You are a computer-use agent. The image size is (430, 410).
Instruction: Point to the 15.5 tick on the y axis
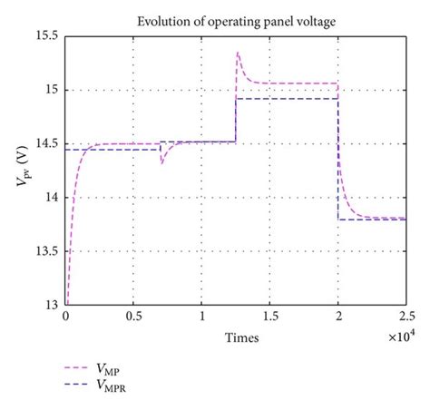(45, 37)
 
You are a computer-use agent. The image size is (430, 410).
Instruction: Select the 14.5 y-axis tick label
(45, 144)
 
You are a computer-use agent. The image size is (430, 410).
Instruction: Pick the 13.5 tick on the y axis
(45, 252)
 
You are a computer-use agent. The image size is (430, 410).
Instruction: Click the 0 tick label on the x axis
(65, 318)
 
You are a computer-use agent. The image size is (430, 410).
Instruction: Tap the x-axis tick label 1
(201, 318)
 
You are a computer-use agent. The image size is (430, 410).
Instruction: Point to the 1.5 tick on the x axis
(269, 318)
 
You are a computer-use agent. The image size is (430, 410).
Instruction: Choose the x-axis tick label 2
(337, 318)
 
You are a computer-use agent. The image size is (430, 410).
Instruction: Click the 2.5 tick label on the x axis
(405, 318)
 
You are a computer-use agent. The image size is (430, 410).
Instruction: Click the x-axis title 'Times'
(242, 337)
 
